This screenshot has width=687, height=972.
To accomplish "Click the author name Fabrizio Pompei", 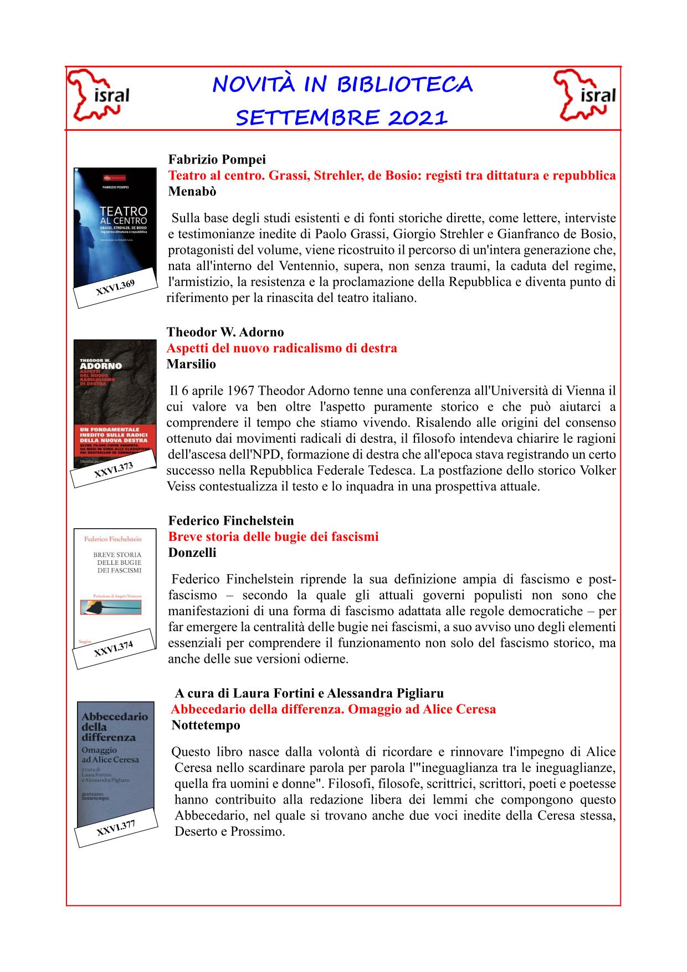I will pyautogui.click(x=217, y=160).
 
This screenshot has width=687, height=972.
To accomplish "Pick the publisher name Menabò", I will pyautogui.click(x=192, y=192).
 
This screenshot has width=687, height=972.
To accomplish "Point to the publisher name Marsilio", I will pyautogui.click(x=191, y=364).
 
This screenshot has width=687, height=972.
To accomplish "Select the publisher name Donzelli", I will pyautogui.click(x=192, y=552).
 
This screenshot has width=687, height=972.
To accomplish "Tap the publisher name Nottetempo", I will pyautogui.click(x=206, y=725).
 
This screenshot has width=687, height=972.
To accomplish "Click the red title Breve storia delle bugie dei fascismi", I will pyautogui.click(x=274, y=536).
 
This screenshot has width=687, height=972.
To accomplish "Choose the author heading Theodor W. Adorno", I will pyautogui.click(x=225, y=332).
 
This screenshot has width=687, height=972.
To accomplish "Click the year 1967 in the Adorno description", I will pyautogui.click(x=240, y=391).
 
